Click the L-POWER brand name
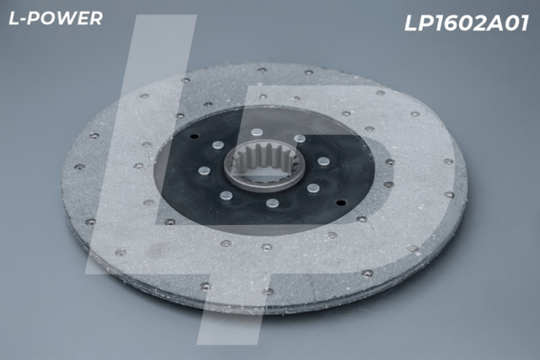pos(56,19)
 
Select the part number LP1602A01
pos(466,23)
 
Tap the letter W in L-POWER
pos(65,19)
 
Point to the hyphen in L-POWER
pos(22,20)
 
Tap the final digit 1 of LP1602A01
pos(524,23)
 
